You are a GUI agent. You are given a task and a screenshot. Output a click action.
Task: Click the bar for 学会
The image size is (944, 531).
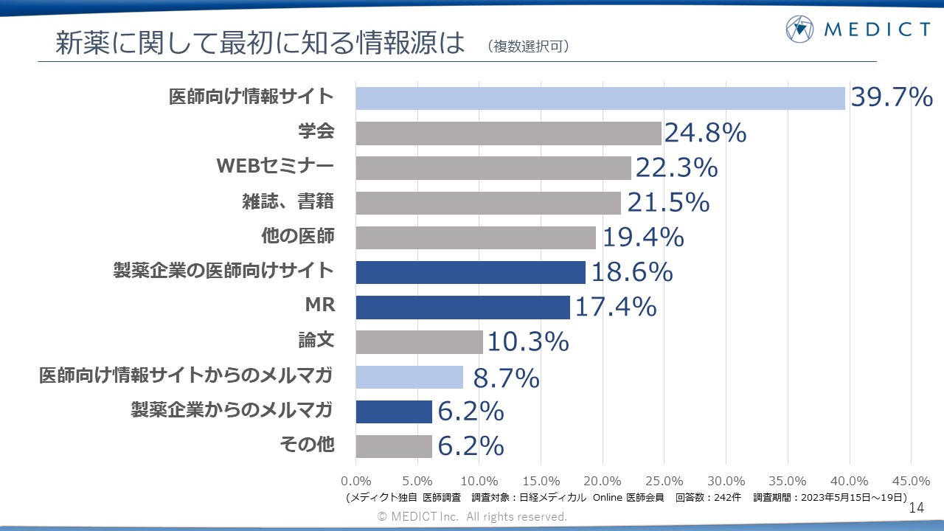pyautogui.click(x=509, y=133)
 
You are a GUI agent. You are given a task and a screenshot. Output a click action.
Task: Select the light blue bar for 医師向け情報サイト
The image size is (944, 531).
pyautogui.click(x=600, y=98)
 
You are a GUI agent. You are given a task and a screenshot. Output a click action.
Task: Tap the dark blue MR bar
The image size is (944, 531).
pyautogui.click(x=463, y=307)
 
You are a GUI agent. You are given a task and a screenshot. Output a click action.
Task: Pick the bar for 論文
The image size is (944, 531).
pyautogui.click(x=419, y=341)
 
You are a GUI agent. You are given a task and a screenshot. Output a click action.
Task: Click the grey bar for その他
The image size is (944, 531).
pyautogui.click(x=394, y=446)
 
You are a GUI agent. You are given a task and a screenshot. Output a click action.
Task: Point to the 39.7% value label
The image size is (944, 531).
pyautogui.click(x=892, y=97)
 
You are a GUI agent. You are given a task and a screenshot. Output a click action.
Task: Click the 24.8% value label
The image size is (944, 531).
pyautogui.click(x=705, y=133)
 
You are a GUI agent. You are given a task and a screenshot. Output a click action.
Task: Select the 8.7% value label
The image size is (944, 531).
pyautogui.click(x=506, y=378)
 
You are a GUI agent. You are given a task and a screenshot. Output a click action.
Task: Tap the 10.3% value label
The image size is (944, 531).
pyautogui.click(x=527, y=341)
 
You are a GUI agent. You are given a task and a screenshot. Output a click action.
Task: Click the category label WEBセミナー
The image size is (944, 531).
pyautogui.click(x=275, y=167)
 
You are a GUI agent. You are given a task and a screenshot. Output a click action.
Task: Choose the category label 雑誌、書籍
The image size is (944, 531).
pyautogui.click(x=288, y=201)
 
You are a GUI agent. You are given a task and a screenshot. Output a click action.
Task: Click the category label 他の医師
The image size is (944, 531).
pyautogui.click(x=298, y=236)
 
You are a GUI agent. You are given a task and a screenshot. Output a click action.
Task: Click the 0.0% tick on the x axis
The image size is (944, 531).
pyautogui.click(x=357, y=481)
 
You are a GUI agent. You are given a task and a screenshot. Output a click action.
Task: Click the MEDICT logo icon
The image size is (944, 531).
pyautogui.click(x=799, y=29)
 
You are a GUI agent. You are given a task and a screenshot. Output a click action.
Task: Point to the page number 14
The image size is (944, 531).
pyautogui.click(x=917, y=508)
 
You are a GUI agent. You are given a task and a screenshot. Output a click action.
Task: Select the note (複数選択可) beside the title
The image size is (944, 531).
pyautogui.click(x=528, y=46)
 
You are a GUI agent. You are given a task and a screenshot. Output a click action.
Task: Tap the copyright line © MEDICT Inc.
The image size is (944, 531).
pyautogui.click(x=472, y=517)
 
